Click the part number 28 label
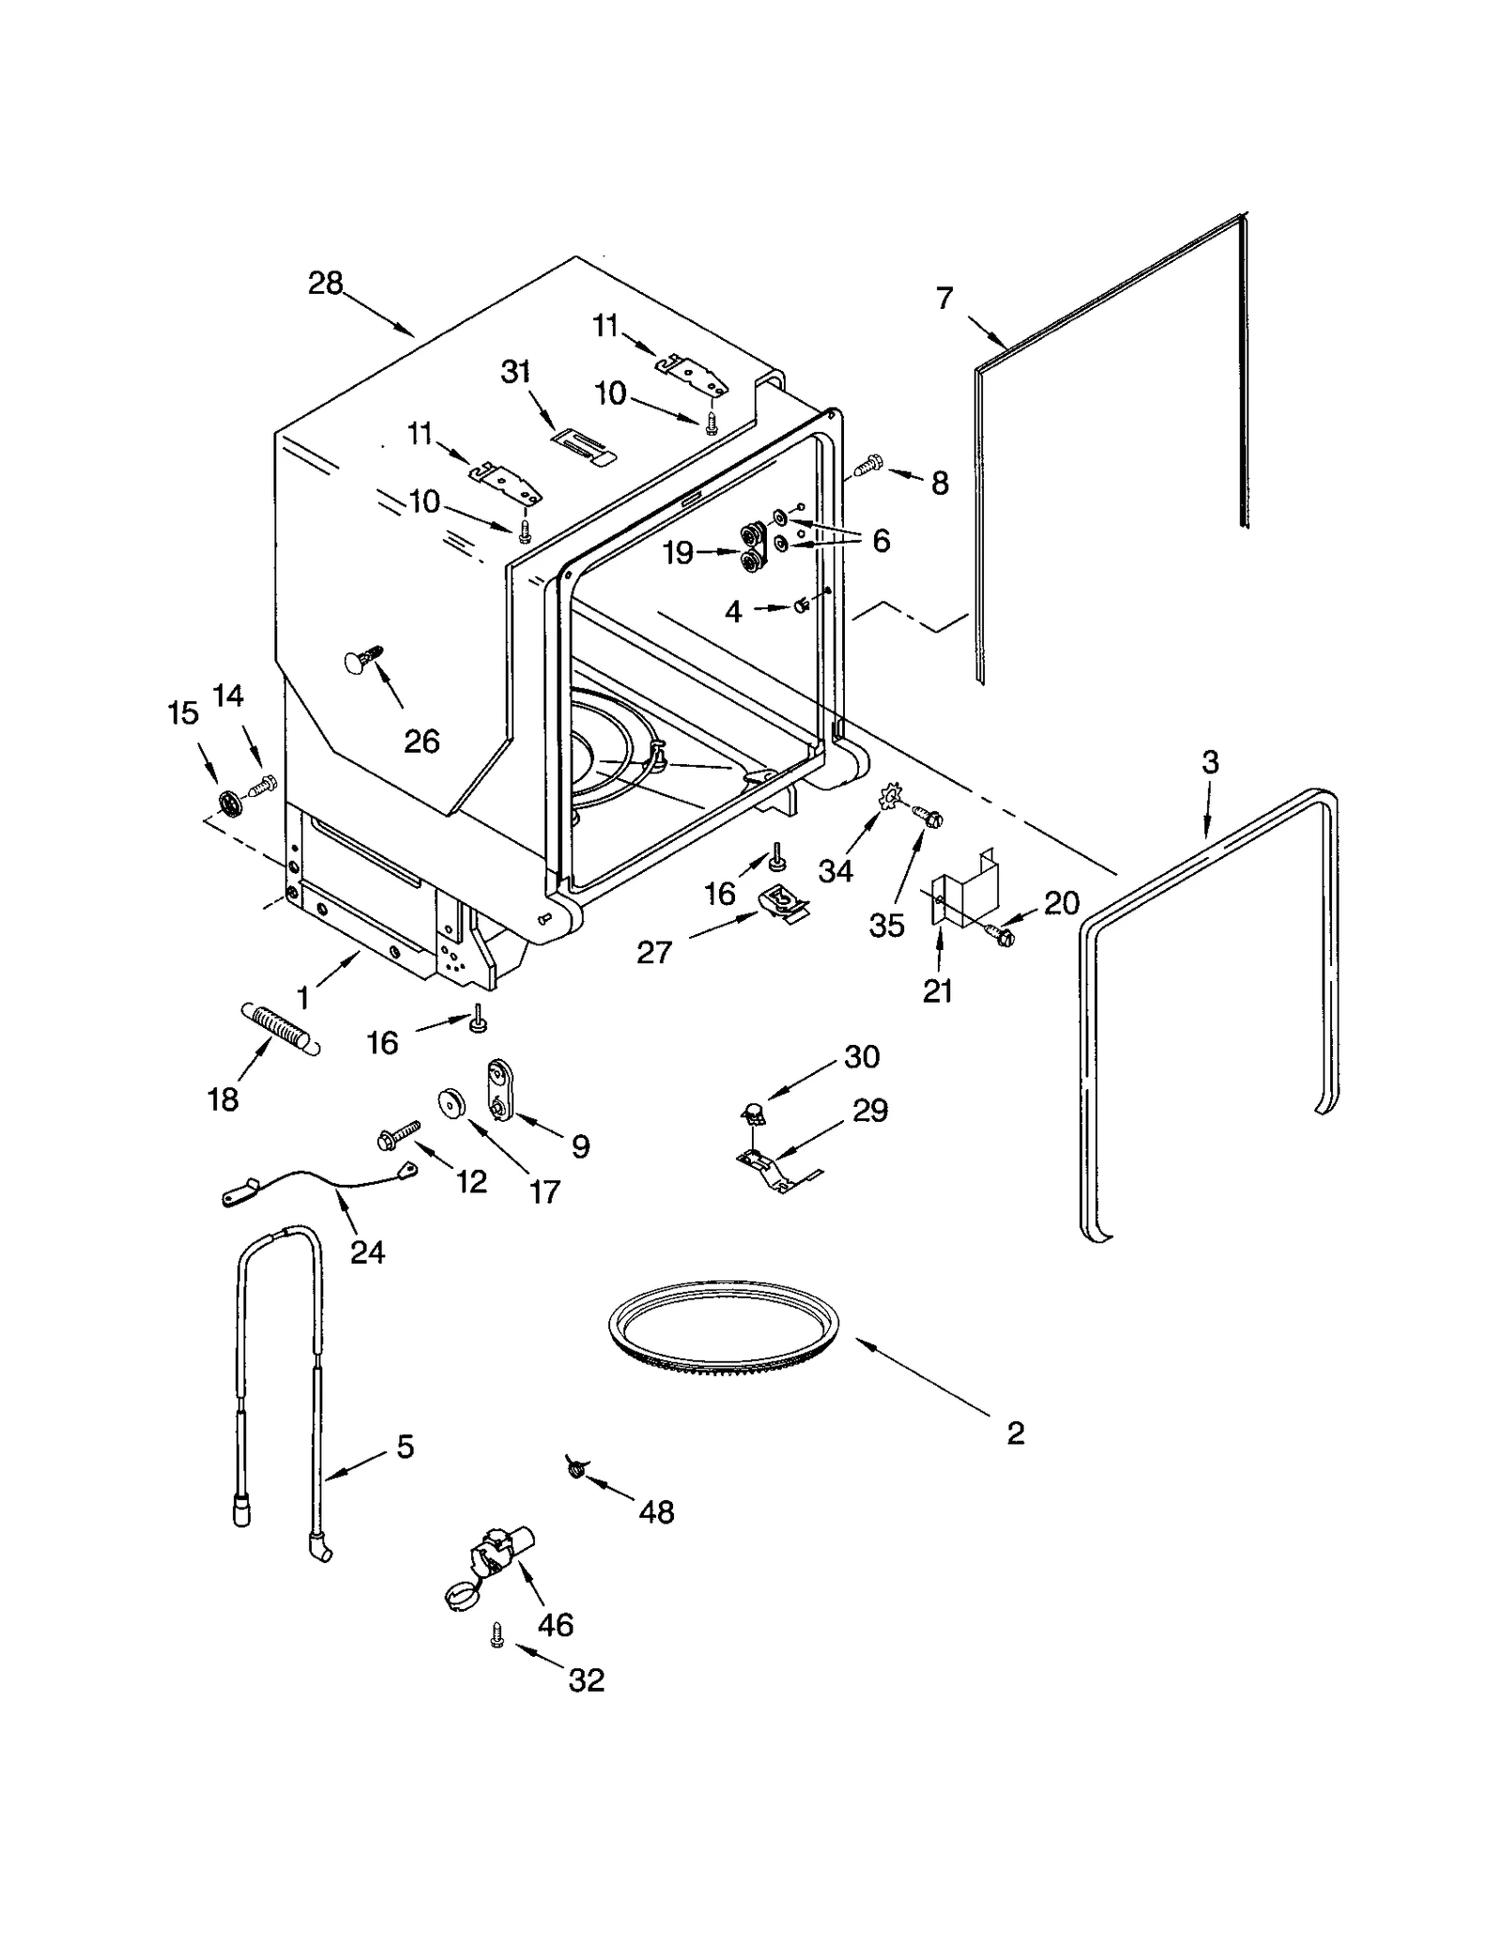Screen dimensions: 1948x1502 click(x=326, y=284)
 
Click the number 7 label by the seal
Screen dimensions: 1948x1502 click(x=944, y=299)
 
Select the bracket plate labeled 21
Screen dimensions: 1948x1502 click(x=962, y=887)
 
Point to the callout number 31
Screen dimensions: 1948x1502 click(x=515, y=373)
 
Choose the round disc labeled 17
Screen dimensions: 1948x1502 click(x=454, y=1103)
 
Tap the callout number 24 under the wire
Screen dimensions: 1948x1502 click(x=367, y=1251)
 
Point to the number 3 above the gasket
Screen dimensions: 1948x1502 click(x=1210, y=762)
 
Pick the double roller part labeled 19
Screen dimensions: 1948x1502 click(x=750, y=549)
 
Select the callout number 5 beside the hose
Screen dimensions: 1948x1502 click(x=405, y=1447)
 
